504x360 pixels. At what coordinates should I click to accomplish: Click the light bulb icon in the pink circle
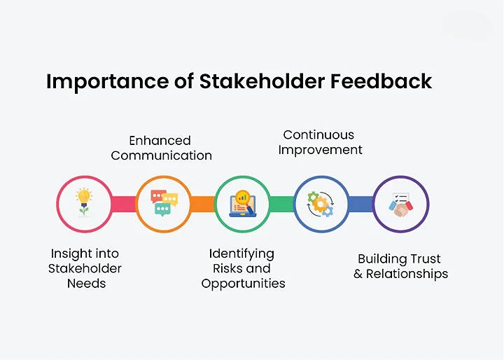[84, 202]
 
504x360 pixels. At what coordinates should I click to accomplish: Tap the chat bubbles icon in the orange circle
[164, 203]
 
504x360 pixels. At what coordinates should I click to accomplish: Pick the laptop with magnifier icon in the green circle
[242, 203]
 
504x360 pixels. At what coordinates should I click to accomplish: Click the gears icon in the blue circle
[321, 203]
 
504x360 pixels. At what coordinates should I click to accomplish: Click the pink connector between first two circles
[124, 204]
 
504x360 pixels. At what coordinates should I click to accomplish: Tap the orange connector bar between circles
[203, 204]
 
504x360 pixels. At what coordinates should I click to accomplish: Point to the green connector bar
[282, 204]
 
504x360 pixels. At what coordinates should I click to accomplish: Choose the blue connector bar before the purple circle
[361, 204]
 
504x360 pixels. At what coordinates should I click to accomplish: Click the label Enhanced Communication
[161, 148]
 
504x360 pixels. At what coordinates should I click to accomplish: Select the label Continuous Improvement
[319, 141]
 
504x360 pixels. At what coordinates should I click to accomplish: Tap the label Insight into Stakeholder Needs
[85, 268]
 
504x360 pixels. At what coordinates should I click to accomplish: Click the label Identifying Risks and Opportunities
[243, 268]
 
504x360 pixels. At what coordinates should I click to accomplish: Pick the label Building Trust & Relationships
[400, 266]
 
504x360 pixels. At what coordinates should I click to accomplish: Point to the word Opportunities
[243, 284]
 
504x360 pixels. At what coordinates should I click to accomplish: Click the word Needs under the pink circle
[86, 284]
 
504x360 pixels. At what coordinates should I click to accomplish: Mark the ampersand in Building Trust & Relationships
[358, 274]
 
